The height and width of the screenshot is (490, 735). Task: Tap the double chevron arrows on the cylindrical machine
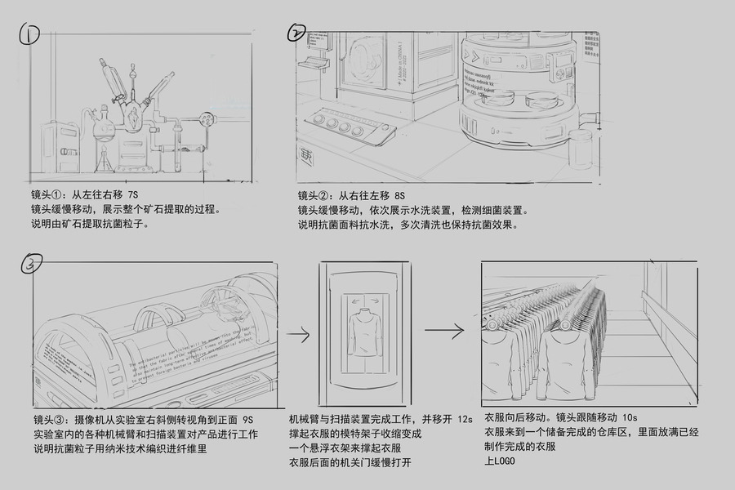tap(469, 56)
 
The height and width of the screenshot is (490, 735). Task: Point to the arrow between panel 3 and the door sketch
tap(296, 334)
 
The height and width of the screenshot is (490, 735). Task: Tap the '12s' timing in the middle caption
tap(464, 419)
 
